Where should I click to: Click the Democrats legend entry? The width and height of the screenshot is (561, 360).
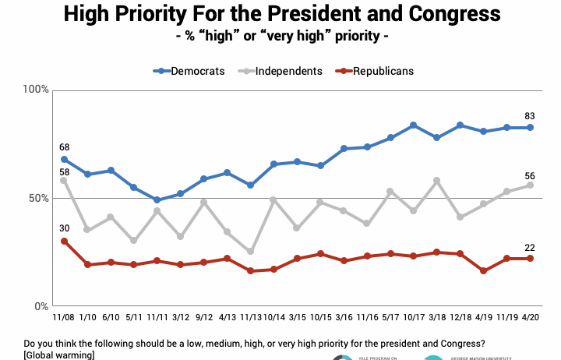190,71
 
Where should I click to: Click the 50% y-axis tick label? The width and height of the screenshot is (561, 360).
39,199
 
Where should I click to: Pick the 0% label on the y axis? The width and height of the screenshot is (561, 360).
42,306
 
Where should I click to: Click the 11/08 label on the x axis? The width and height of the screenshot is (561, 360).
63,318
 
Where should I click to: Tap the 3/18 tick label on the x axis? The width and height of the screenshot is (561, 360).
436,318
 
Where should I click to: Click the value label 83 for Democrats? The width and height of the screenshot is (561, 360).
530,115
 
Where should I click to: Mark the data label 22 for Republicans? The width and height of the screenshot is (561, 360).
530,248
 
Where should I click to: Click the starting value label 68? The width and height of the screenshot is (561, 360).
63,146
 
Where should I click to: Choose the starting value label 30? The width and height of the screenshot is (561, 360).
63,228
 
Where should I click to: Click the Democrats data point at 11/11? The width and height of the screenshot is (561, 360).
157,200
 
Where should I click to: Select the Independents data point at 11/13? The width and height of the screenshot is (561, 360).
250,252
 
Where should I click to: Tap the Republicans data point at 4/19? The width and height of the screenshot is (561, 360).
483,271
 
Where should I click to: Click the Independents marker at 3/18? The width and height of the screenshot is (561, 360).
436,180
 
